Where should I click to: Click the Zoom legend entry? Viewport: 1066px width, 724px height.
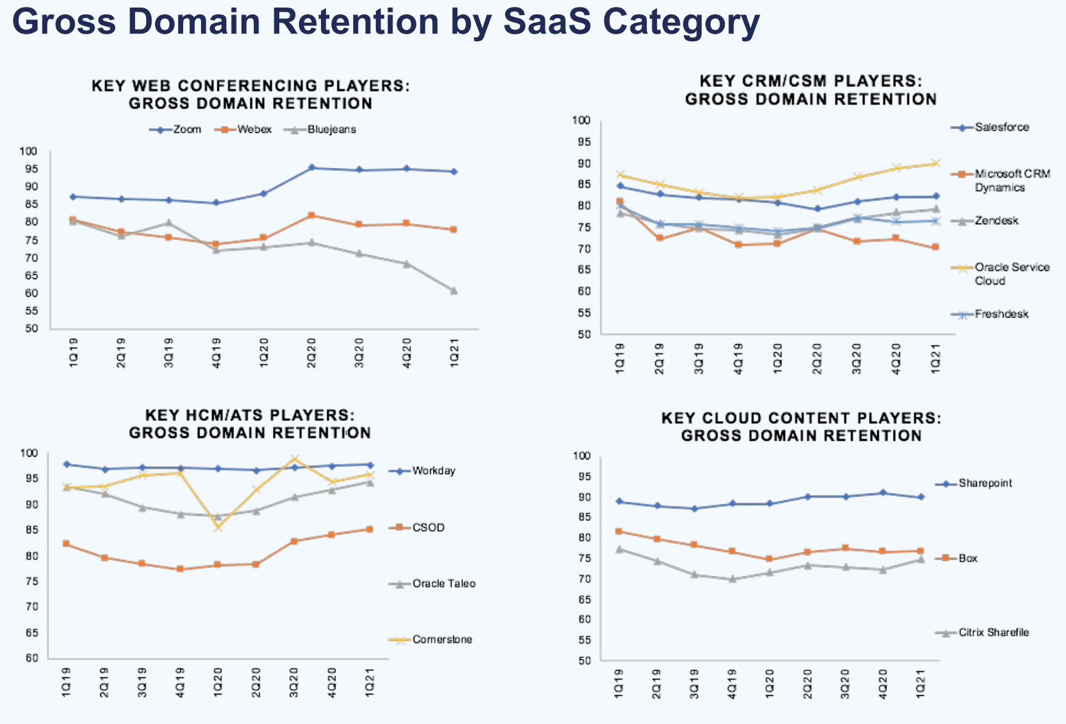(x=176, y=130)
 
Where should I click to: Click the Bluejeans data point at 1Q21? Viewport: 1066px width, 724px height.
(x=453, y=291)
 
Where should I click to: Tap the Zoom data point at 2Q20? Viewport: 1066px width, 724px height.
(x=311, y=167)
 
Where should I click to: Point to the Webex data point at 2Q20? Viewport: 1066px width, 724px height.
(x=311, y=215)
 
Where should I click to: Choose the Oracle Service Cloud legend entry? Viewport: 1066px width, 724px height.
(x=1012, y=274)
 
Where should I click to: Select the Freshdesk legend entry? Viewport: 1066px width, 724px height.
(x=1002, y=315)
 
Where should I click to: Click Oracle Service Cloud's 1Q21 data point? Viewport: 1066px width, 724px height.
(x=935, y=163)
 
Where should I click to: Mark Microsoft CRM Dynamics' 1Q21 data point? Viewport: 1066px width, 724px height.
(x=935, y=247)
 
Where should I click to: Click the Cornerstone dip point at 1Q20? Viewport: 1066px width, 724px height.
(x=218, y=527)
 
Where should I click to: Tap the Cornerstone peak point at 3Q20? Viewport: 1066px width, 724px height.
(x=294, y=459)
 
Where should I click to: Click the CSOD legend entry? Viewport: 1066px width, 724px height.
(x=428, y=527)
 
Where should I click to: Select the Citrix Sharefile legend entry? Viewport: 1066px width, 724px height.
(x=993, y=633)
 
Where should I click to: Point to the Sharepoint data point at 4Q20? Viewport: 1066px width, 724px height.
(x=883, y=493)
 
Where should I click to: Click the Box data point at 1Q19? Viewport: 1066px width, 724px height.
(x=619, y=531)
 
